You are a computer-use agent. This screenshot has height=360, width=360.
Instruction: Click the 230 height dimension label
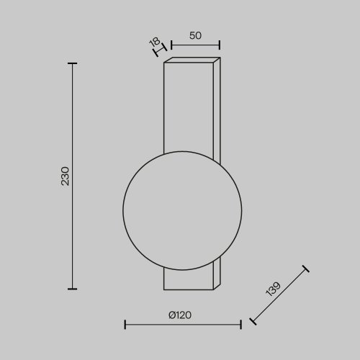[x=64, y=176]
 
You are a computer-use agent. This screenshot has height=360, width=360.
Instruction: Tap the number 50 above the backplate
[x=195, y=35]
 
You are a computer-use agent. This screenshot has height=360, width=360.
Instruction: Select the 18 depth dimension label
[x=154, y=42]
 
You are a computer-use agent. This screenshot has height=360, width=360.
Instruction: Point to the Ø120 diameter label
[x=182, y=315]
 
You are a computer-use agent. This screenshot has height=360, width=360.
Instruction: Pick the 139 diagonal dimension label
[x=271, y=289]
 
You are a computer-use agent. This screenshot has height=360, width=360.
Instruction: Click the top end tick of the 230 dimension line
[x=72, y=63]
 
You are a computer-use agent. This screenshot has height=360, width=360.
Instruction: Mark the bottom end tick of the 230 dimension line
[x=72, y=288]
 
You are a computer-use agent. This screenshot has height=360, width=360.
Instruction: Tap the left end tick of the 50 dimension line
[x=171, y=46]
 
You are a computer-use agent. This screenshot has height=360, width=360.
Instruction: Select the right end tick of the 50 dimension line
[x=220, y=46]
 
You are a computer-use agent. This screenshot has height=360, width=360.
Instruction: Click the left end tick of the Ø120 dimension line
[x=125, y=325]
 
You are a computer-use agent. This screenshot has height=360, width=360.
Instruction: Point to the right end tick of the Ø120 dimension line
[x=241, y=325]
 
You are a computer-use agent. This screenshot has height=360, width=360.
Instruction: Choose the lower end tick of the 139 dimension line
[x=251, y=322]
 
